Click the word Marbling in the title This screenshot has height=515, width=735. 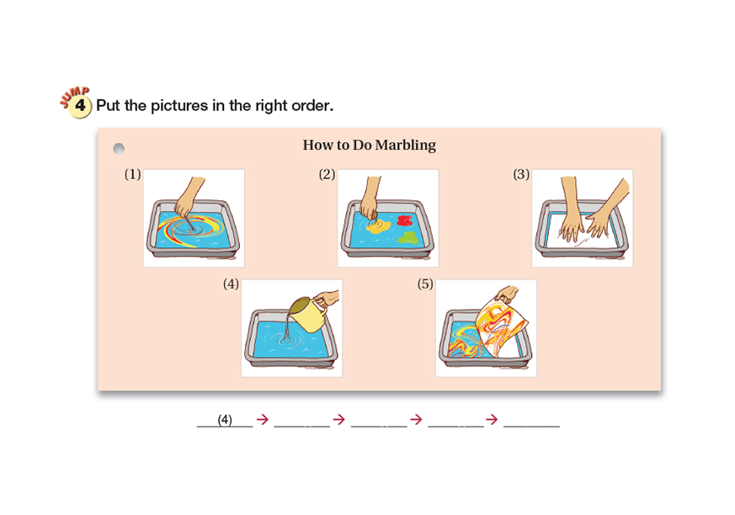(x=406, y=146)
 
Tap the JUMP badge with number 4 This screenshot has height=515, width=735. (x=77, y=103)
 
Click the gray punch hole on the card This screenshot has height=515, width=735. (x=119, y=149)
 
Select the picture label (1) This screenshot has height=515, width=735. (x=133, y=174)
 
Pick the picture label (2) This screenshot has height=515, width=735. (x=327, y=174)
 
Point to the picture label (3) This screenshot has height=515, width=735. (x=521, y=174)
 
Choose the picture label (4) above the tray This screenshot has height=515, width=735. (x=231, y=284)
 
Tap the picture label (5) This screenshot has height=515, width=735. (x=425, y=284)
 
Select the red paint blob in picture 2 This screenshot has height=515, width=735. (x=403, y=220)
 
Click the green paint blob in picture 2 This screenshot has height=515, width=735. (x=407, y=237)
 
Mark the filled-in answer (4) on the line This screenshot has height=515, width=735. (x=225, y=419)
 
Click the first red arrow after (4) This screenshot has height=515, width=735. (x=263, y=419)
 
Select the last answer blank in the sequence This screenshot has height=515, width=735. (x=531, y=426)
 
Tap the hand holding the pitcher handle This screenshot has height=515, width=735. (x=327, y=299)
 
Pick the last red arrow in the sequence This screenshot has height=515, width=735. (x=492, y=419)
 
